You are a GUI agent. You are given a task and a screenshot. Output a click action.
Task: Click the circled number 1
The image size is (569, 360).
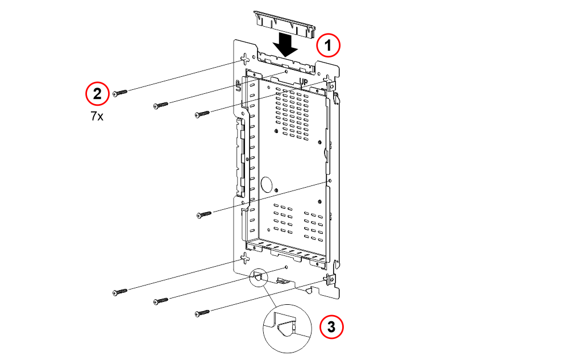click(x=328, y=45)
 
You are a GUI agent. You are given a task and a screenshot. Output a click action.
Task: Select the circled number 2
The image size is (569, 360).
click(x=97, y=94)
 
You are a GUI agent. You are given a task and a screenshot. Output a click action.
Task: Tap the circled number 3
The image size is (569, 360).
click(x=331, y=326)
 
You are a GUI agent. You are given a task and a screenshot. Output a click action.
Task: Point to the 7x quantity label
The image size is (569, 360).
click(x=97, y=116)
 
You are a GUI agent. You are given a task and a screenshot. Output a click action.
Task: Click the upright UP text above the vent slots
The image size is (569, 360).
click(x=304, y=82)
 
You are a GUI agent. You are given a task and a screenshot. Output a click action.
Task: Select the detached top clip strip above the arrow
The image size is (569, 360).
click(x=284, y=24)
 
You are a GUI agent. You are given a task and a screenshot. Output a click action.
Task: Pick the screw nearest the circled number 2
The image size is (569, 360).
click(x=120, y=93)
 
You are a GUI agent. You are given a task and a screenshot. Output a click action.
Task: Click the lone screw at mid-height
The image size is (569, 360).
click(x=203, y=215)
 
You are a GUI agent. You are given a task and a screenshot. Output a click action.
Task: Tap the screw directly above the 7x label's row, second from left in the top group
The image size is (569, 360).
click(x=161, y=106)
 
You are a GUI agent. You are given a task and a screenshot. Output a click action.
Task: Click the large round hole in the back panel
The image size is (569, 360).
click(x=267, y=184)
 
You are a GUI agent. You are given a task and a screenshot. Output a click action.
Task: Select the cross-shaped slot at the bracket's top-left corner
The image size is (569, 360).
click(x=246, y=59)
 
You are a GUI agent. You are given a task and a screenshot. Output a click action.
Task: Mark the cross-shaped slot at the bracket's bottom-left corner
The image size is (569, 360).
click(x=246, y=258)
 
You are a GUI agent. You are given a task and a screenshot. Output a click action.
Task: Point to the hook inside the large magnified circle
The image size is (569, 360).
click(x=286, y=328)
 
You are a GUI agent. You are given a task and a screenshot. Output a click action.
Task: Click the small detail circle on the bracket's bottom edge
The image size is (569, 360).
click(x=259, y=278)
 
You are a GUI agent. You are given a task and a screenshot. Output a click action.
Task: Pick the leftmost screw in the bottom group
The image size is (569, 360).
click(x=120, y=292)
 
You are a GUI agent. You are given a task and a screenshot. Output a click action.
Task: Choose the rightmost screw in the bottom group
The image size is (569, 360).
click(x=202, y=313)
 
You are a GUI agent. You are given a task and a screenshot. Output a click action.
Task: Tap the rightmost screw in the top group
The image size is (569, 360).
click(x=202, y=114)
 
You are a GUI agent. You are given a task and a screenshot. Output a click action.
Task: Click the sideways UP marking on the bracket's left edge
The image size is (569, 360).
click(x=238, y=86)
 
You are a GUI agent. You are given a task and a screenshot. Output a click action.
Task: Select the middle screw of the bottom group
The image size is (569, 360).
click(x=161, y=301)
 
